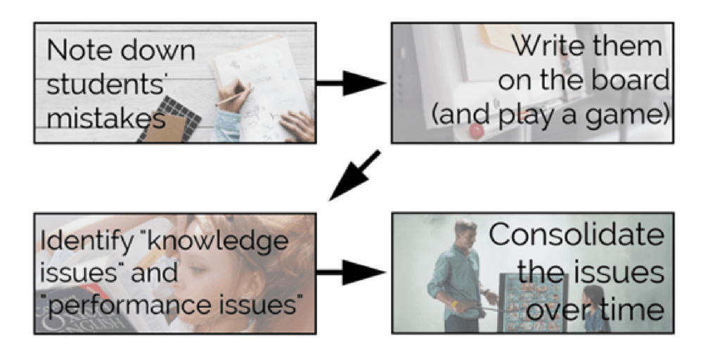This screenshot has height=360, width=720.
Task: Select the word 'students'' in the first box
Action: [96, 85]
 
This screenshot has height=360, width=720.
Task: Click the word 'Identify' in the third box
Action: [84, 241]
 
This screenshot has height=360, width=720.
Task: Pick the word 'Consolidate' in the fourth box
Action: [576, 236]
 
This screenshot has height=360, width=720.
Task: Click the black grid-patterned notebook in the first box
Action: [169, 119]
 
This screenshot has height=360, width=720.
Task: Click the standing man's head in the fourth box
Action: [464, 233]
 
